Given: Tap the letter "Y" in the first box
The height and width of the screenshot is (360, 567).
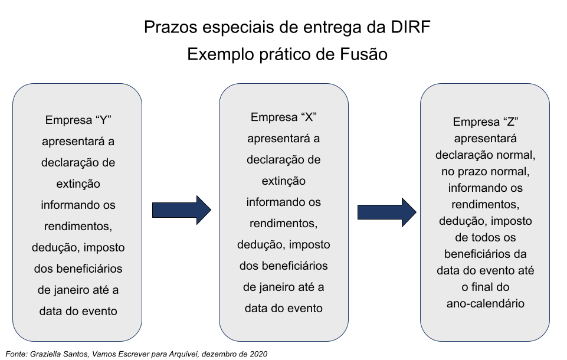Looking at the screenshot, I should tap(103, 120).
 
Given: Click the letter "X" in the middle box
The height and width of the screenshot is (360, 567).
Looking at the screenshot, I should tap(308, 117).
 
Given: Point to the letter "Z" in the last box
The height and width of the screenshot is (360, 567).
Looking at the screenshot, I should tap(511, 122).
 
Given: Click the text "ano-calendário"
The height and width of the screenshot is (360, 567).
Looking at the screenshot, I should tap(485, 303).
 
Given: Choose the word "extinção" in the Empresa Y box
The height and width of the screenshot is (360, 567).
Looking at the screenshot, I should tap(78, 184).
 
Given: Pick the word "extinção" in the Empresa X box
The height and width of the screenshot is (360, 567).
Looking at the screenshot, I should tap(283, 181).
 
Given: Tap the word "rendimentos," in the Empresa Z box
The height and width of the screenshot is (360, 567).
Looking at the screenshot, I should tap(485, 205).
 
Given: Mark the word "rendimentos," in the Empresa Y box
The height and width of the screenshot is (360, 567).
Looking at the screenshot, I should tap(78, 226).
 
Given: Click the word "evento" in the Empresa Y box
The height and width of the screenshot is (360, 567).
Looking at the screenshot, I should tap(99, 311).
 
